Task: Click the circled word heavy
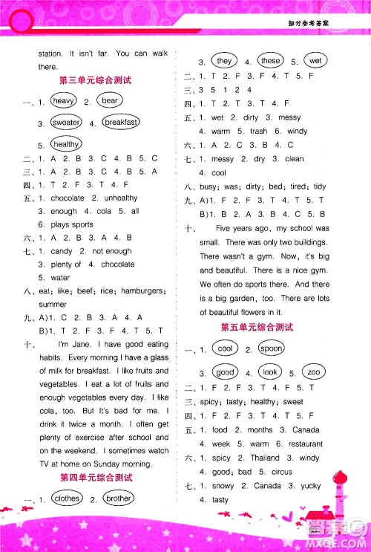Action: point(63,100)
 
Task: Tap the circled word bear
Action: point(110,100)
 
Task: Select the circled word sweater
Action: point(65,122)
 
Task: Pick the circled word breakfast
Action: point(120,122)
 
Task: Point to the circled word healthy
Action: point(66,144)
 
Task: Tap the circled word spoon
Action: point(272,348)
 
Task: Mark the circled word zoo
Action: point(314,371)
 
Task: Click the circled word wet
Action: point(315,61)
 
